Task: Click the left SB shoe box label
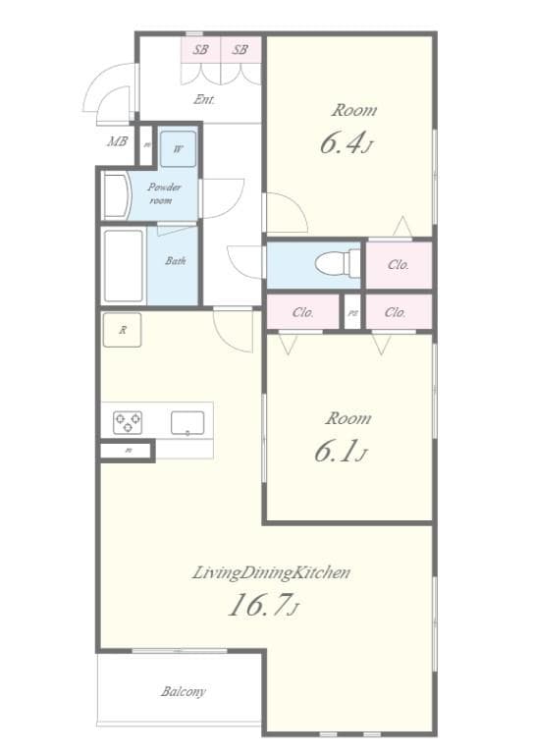[x=201, y=48]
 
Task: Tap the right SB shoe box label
[x=240, y=48]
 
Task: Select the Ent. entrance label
[x=204, y=99]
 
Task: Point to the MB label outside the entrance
[x=117, y=142]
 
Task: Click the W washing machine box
[x=178, y=149]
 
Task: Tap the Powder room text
[x=164, y=193]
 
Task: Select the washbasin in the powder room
[x=116, y=195]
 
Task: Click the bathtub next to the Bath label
[x=124, y=266]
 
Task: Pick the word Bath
[x=175, y=261]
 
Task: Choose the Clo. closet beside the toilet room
[x=399, y=264]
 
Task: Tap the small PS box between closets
[x=352, y=313]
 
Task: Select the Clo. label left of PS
[x=303, y=312]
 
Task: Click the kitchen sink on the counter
[x=187, y=423]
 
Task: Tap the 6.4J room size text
[x=346, y=144]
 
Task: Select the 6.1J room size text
[x=341, y=452]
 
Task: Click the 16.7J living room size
[x=262, y=606]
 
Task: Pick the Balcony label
[x=184, y=691]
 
